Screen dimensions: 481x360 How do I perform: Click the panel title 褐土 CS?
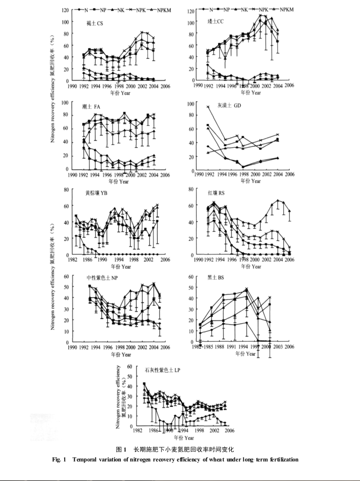(95, 23)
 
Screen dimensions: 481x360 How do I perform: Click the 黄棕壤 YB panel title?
(97, 192)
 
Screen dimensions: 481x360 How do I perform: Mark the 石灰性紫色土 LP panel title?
(163, 370)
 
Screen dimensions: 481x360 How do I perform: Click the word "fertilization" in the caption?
(282, 459)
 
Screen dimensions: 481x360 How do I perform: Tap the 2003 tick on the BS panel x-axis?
(277, 347)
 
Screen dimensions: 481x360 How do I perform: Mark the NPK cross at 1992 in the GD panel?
(208, 107)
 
